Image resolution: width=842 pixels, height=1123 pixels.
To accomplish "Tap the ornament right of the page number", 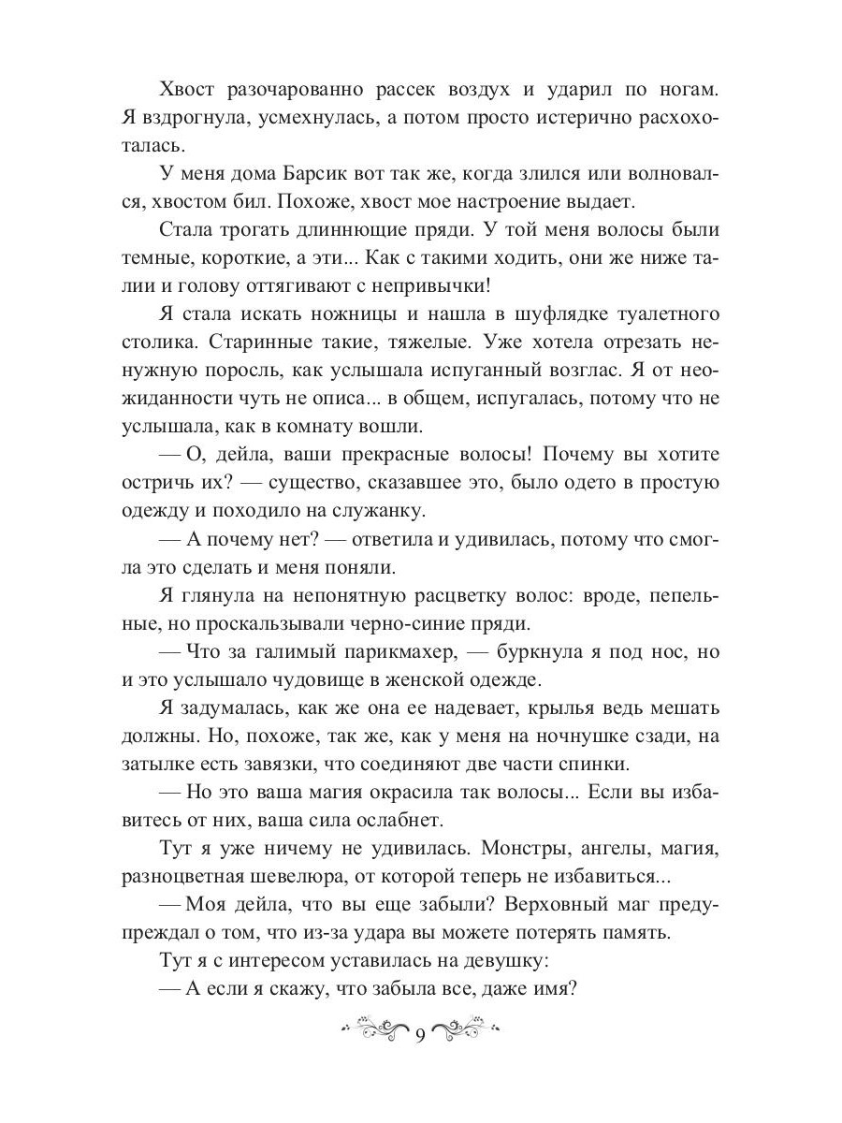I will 467,1030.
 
